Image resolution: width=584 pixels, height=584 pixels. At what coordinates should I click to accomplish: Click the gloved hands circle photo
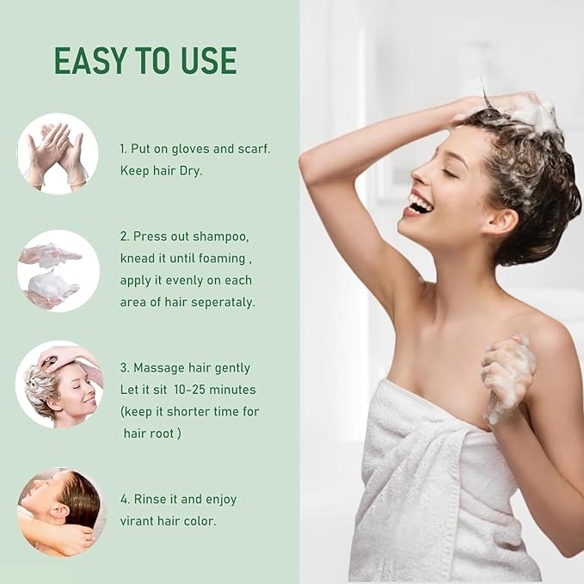(58, 154)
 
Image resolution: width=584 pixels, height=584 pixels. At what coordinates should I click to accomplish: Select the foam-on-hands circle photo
(58, 271)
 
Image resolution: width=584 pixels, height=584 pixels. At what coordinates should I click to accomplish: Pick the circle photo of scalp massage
(59, 384)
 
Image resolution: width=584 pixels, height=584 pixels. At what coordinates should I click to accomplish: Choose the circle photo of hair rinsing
(61, 513)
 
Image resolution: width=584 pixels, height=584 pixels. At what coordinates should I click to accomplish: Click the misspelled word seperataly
(222, 303)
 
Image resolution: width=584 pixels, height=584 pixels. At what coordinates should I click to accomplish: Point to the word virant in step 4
(136, 521)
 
